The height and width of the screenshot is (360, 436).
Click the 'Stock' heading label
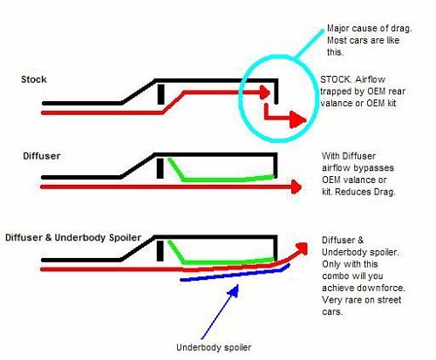[34, 79]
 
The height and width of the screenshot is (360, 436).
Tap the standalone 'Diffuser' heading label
[42, 156]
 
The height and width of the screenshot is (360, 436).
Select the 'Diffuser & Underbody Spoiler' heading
[73, 237]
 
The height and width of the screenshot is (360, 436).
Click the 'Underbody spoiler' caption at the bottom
[214, 347]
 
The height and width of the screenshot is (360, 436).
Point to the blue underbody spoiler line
[235, 274]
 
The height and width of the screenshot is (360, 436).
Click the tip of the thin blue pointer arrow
[238, 285]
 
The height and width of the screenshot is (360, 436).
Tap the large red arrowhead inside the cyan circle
[298, 119]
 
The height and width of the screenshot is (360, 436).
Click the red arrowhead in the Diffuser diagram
[296, 187]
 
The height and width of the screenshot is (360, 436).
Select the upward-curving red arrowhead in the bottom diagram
[303, 248]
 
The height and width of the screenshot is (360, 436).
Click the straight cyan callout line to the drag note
[309, 44]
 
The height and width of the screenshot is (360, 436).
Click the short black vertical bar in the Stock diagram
[160, 94]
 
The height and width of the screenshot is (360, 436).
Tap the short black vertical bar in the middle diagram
[160, 168]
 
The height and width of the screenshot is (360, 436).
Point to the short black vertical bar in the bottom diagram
[160, 251]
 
